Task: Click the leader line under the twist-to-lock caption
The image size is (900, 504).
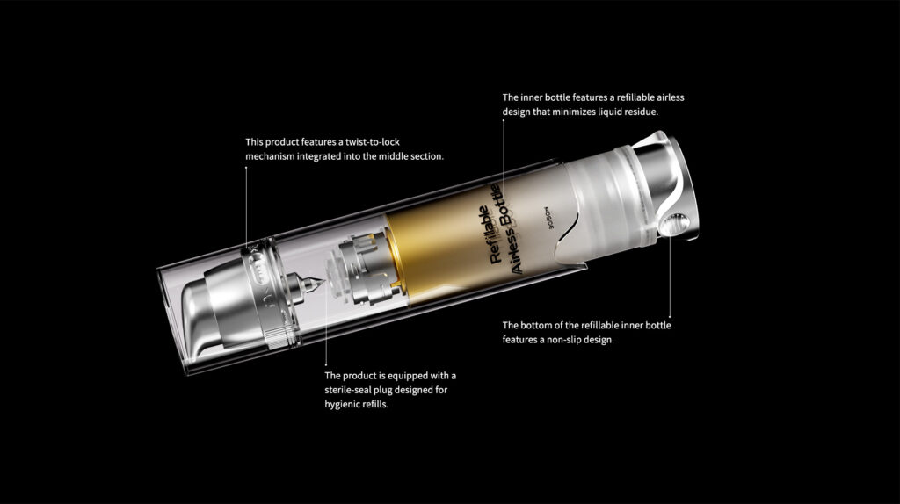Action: [x=246, y=202]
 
